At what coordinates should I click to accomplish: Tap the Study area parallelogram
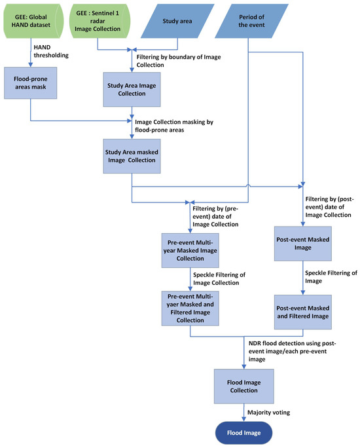178,20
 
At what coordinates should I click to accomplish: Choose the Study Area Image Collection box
131,88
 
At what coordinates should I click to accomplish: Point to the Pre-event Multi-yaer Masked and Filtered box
190,307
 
